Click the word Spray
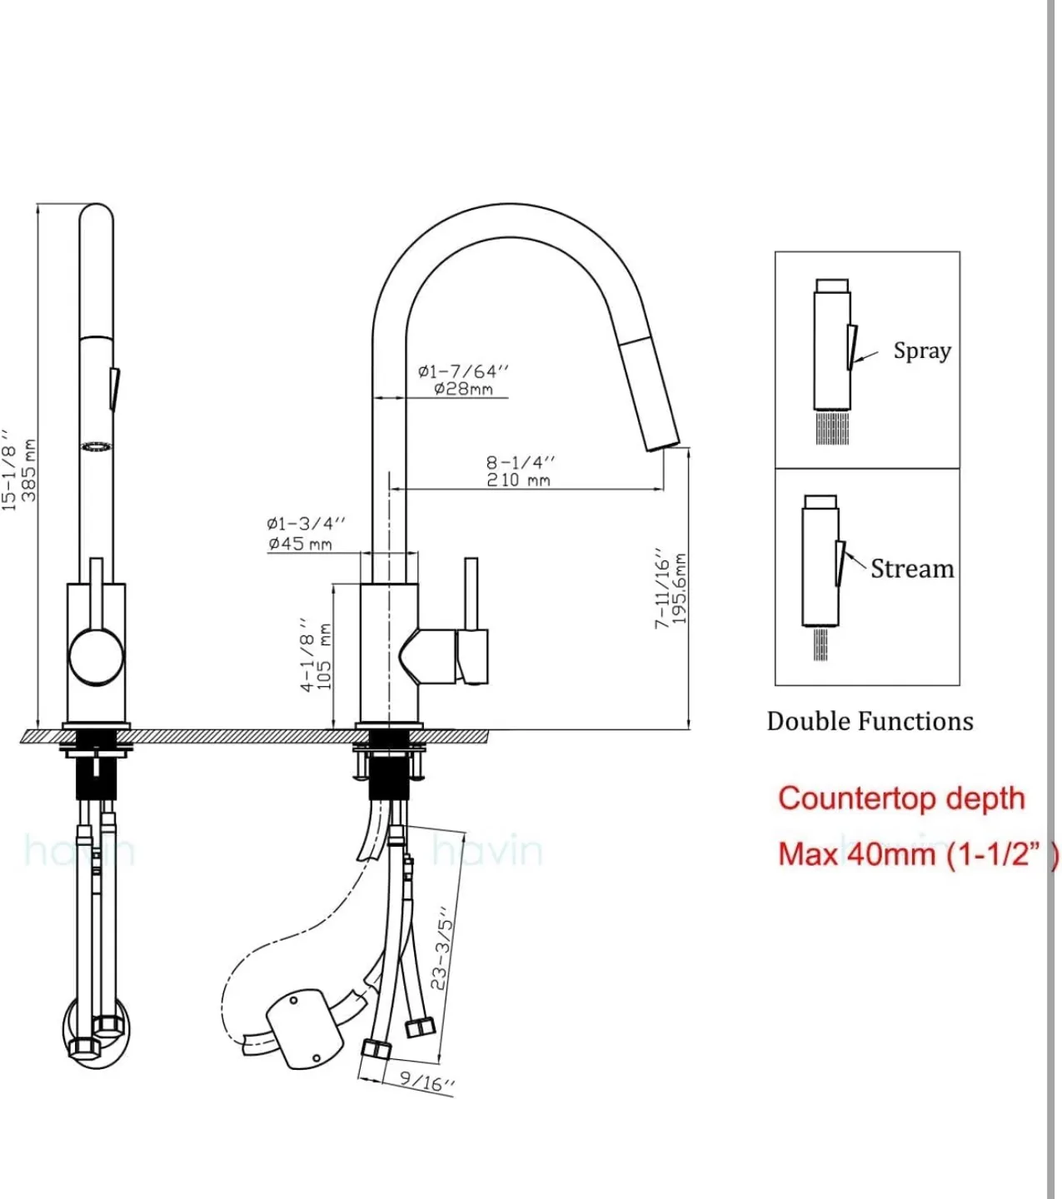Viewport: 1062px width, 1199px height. [921, 351]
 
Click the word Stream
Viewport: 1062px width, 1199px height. [912, 570]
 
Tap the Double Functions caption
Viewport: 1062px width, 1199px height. [870, 721]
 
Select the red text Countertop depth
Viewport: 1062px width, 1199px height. [901, 799]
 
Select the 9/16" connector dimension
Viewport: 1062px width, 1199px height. [426, 1082]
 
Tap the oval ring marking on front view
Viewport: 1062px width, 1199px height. [96, 447]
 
